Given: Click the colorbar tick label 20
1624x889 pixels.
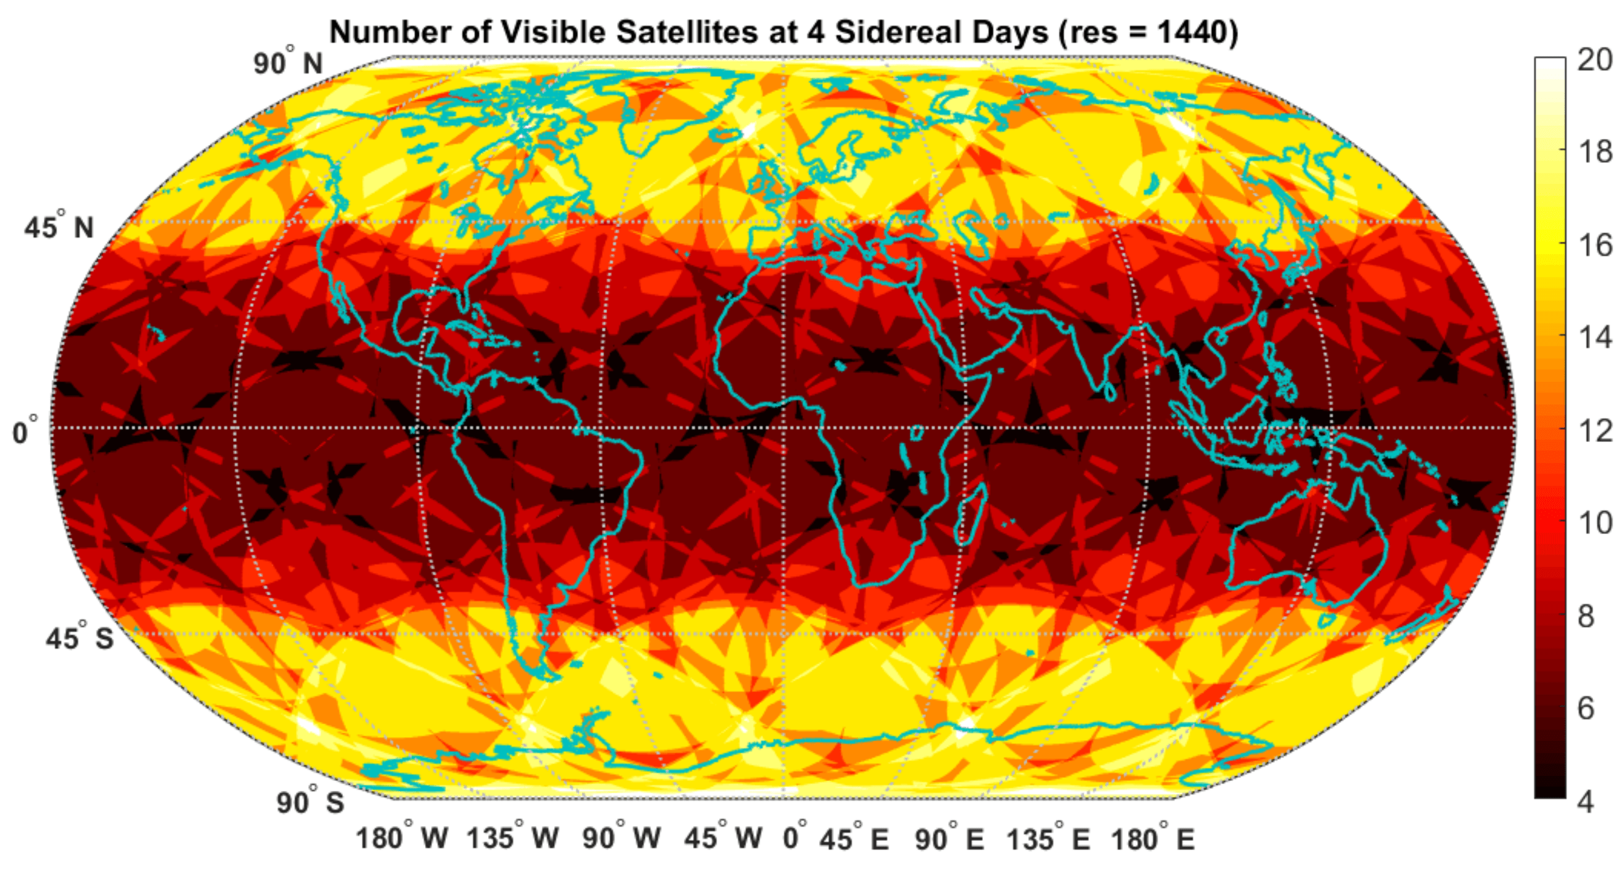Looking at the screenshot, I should [1594, 61].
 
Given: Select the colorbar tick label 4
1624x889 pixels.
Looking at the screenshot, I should [1586, 801].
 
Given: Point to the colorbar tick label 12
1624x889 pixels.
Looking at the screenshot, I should [1594, 432].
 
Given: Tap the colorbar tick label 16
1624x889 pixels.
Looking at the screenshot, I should [1594, 245].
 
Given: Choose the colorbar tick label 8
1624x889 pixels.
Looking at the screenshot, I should [1586, 616].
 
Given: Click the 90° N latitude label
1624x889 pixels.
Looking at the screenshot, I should [287, 62].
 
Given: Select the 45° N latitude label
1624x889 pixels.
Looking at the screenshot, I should [59, 227].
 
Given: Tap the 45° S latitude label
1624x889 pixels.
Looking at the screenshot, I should [80, 638].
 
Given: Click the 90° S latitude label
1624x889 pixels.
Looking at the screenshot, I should [309, 801].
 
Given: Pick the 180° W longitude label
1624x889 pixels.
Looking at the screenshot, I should [402, 838].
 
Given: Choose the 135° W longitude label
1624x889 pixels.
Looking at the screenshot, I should [512, 838].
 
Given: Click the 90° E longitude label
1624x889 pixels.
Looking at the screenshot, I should [949, 838].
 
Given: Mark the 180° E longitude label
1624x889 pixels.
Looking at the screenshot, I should [1153, 838].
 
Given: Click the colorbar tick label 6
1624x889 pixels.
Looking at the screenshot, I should [1586, 709].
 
